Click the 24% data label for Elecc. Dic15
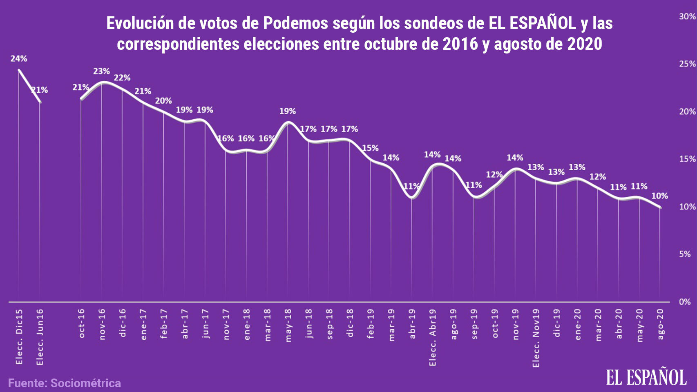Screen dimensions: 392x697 click(19, 59)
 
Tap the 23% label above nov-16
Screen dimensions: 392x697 click(101, 71)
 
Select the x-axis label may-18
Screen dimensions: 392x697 click(288, 325)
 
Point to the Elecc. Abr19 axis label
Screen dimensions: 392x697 click(433, 337)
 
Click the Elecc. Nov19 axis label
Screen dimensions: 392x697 click(536, 338)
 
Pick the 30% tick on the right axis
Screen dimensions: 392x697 click(687, 16)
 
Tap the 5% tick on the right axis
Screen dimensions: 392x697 click(685, 254)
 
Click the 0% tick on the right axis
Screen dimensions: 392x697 click(685, 302)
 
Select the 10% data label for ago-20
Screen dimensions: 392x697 click(659, 196)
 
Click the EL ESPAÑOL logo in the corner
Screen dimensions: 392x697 click(646, 377)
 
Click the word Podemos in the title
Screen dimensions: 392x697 click(295, 23)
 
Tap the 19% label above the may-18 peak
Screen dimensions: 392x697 click(288, 111)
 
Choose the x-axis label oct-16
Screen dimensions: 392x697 click(81, 323)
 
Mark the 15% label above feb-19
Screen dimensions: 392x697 click(370, 148)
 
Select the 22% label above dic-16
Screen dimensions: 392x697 click(122, 78)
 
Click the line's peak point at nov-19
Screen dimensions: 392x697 click(516, 169)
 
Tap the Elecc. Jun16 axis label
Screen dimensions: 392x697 click(40, 337)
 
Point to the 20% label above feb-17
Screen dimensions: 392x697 click(163, 101)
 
